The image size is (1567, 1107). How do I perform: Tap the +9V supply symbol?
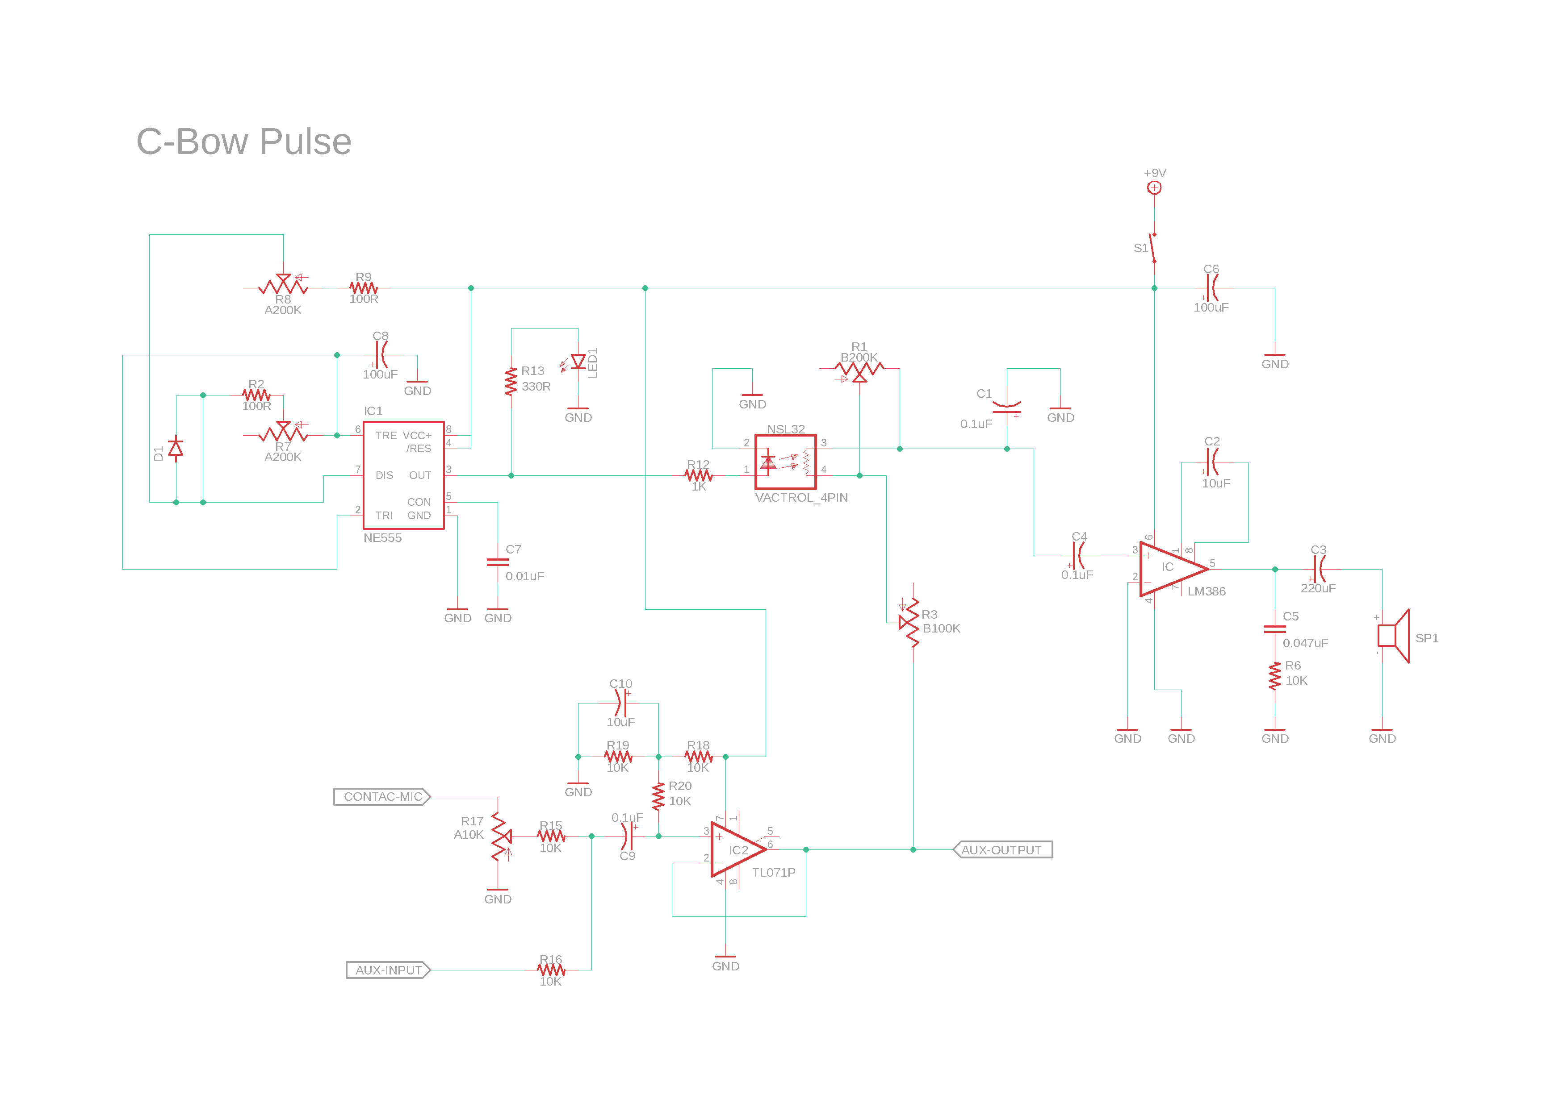[x=1154, y=187]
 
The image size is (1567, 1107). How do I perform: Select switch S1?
[x=1153, y=248]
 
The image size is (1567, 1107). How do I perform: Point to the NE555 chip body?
[x=403, y=475]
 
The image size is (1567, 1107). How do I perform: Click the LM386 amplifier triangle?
[x=1170, y=568]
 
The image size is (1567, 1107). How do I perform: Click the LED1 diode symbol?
[x=578, y=362]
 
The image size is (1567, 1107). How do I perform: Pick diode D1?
[x=176, y=448]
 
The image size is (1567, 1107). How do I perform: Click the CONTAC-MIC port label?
[x=382, y=797]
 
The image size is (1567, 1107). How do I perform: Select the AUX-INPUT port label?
[x=388, y=970]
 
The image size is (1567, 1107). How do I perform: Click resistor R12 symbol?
[x=698, y=475]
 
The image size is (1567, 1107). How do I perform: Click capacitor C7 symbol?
[x=498, y=562]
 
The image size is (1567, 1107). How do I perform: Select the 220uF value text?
[x=1318, y=588]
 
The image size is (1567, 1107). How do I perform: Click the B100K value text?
[x=941, y=628]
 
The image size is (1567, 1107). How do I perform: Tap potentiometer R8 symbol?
[x=283, y=287]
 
